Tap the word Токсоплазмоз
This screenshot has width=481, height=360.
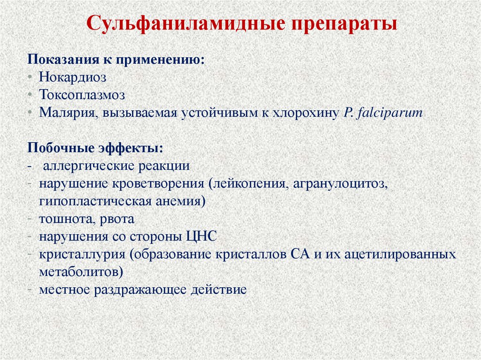coord(82,95)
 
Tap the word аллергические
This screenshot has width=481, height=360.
coord(89,166)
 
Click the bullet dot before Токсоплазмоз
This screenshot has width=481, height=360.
coord(30,95)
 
